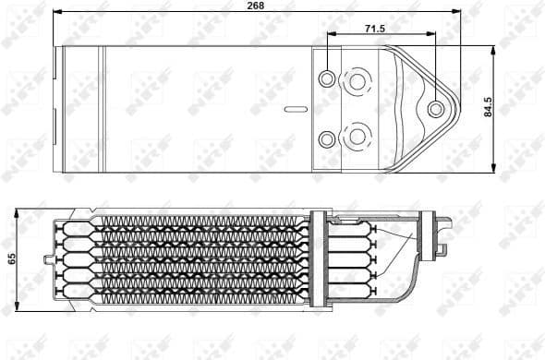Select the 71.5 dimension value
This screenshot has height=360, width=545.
point(374,30)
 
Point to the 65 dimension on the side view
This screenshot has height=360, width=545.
point(11,258)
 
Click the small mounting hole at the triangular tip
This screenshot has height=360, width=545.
point(436,110)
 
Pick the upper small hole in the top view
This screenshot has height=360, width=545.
point(327,79)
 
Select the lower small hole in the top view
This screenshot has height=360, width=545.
point(327,139)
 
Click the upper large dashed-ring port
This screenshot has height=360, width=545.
point(357,81)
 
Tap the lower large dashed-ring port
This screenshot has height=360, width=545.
point(357,138)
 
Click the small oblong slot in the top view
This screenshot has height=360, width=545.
point(296,109)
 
